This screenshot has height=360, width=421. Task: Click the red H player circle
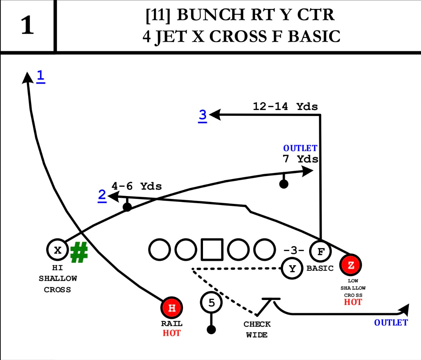(172, 308)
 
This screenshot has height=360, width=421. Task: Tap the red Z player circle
(351, 265)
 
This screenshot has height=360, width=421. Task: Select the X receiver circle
(58, 250)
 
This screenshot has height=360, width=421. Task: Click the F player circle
(321, 252)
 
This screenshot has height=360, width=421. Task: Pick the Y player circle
(293, 268)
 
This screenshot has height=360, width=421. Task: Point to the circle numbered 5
(212, 303)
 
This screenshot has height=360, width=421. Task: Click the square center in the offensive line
(212, 249)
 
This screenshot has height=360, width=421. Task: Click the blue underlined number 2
(102, 196)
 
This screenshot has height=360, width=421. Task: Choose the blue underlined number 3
(203, 115)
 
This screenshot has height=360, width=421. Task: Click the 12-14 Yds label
(285, 106)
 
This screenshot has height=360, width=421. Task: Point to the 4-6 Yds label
(137, 186)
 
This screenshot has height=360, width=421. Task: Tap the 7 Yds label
(301, 159)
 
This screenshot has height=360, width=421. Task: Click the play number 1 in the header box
(28, 26)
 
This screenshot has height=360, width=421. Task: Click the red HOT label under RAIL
(172, 333)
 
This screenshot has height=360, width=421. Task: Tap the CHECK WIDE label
(257, 329)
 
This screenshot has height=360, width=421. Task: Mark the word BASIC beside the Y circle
(320, 268)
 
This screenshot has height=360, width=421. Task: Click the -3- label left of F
(293, 250)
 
